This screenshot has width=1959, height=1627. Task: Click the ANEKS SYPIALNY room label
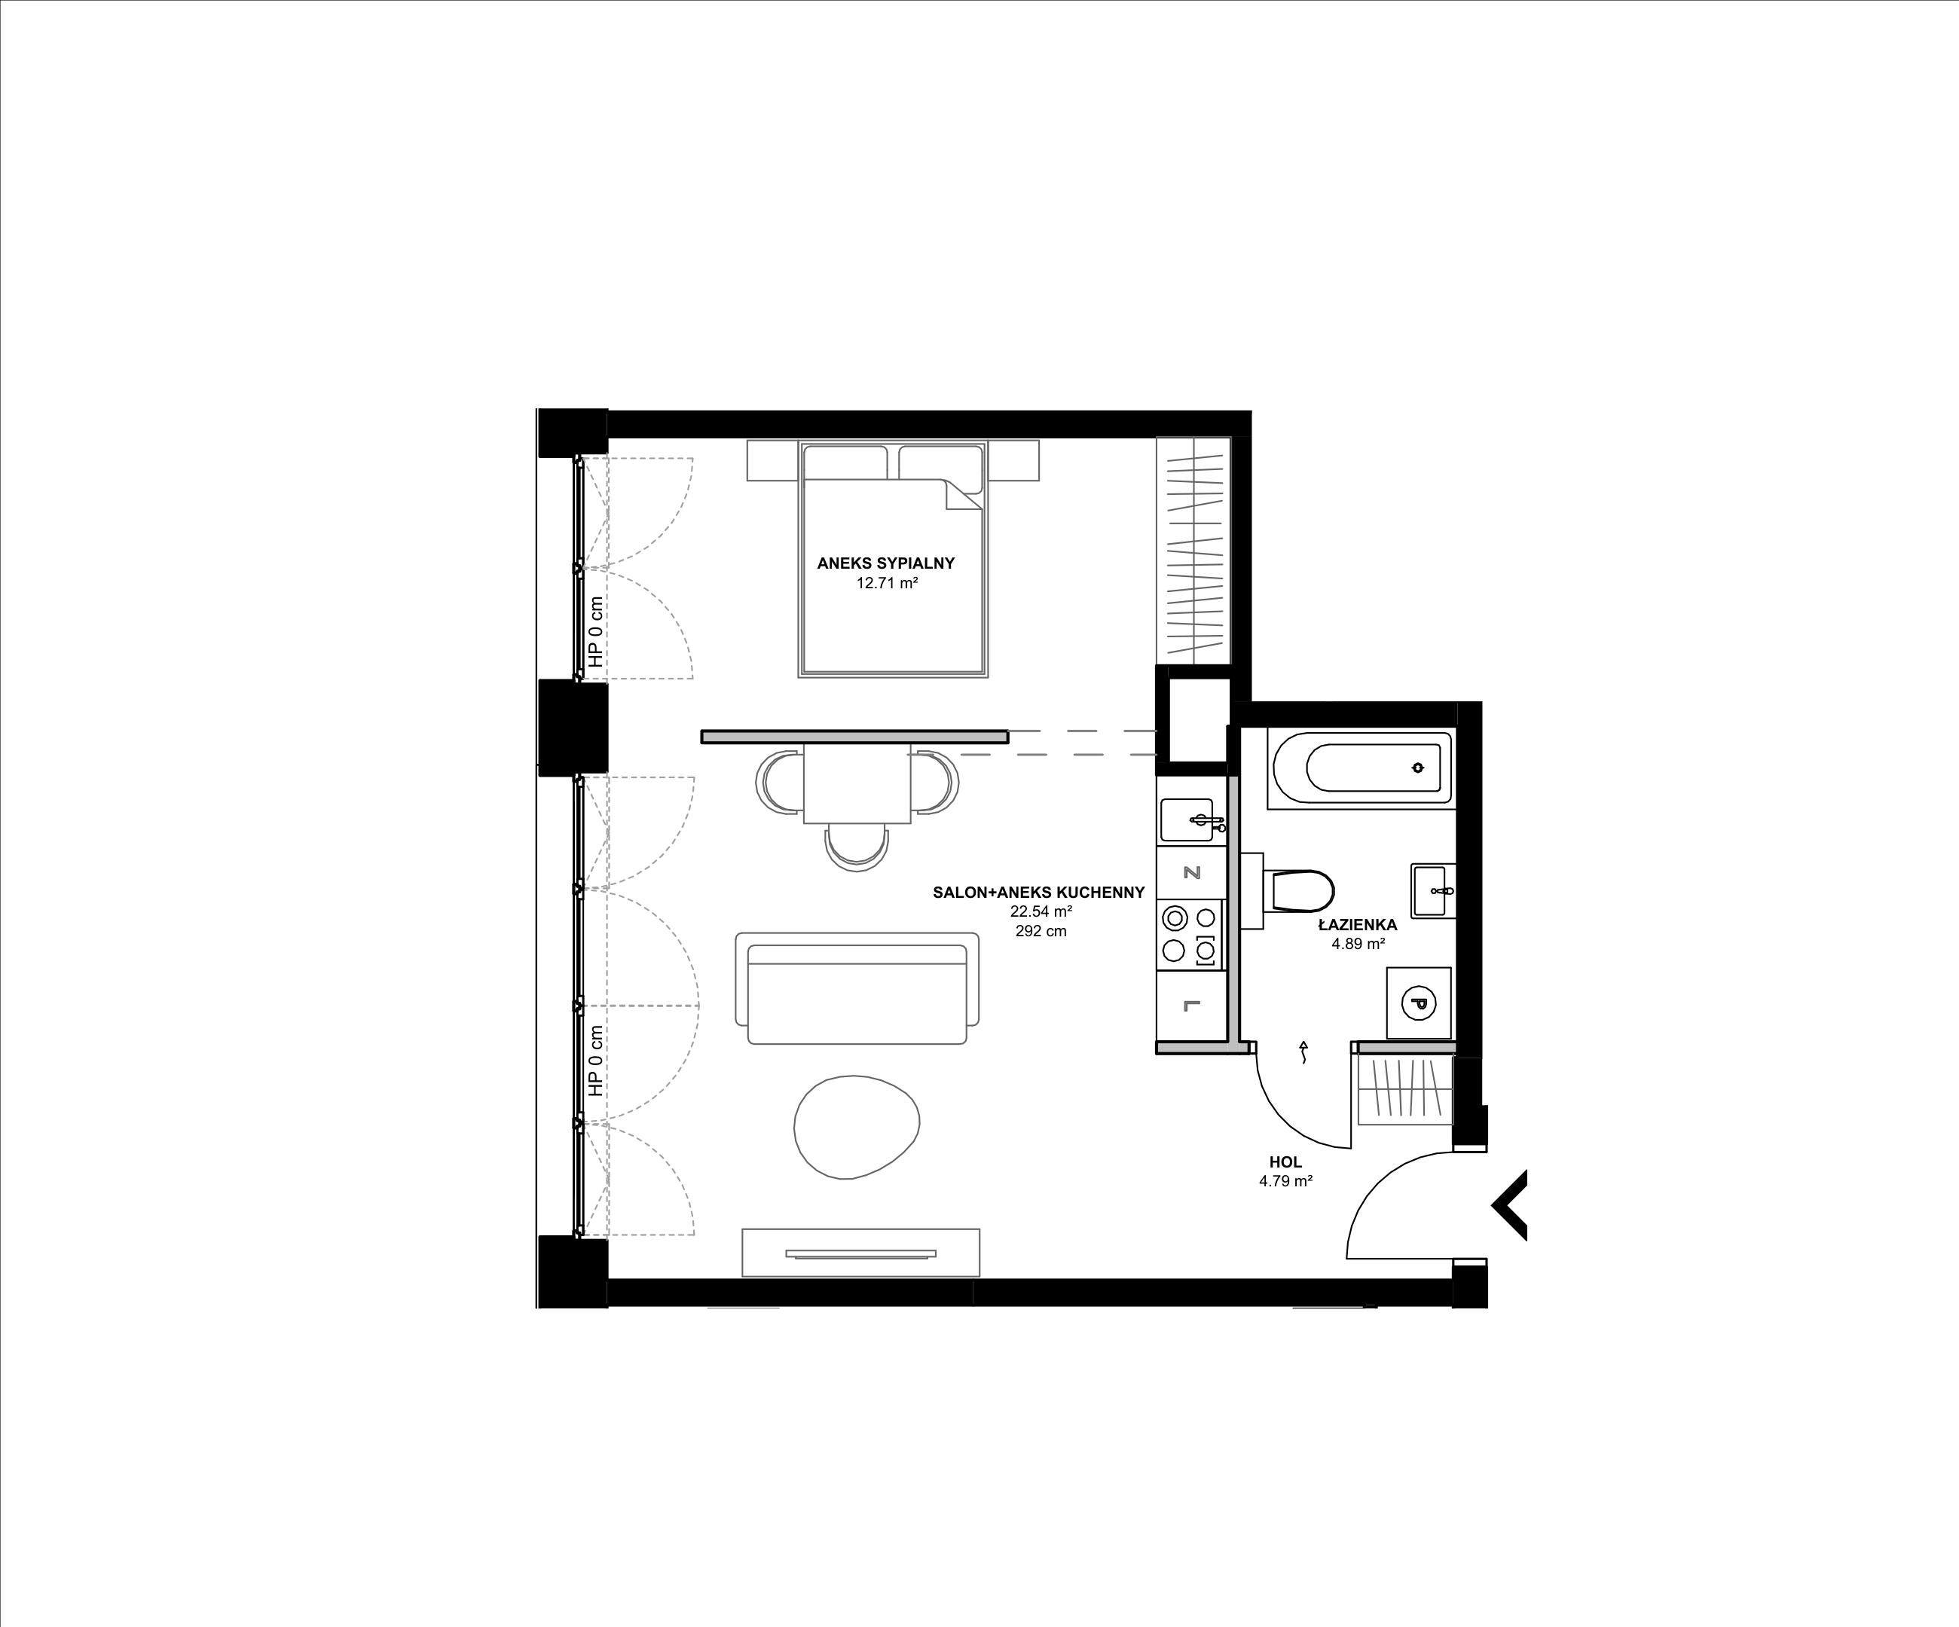coord(885,563)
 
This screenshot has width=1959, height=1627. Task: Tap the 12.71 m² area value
coord(887,584)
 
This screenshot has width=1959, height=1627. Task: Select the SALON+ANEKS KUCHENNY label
coord(1038,893)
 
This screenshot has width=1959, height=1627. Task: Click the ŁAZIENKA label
coord(1357,925)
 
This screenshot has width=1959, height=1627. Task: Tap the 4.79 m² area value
coord(1285,1181)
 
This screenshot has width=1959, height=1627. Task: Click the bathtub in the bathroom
coord(1359,768)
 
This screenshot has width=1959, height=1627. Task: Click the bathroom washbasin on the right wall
coord(1433,890)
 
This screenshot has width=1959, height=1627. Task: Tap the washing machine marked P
coord(1419,1003)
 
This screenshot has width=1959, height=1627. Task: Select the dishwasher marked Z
coord(1191,873)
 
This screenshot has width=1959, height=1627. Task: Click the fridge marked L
coord(1191,1005)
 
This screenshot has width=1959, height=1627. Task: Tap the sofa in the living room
coord(857,988)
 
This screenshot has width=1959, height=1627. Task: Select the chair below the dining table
coord(857,847)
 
